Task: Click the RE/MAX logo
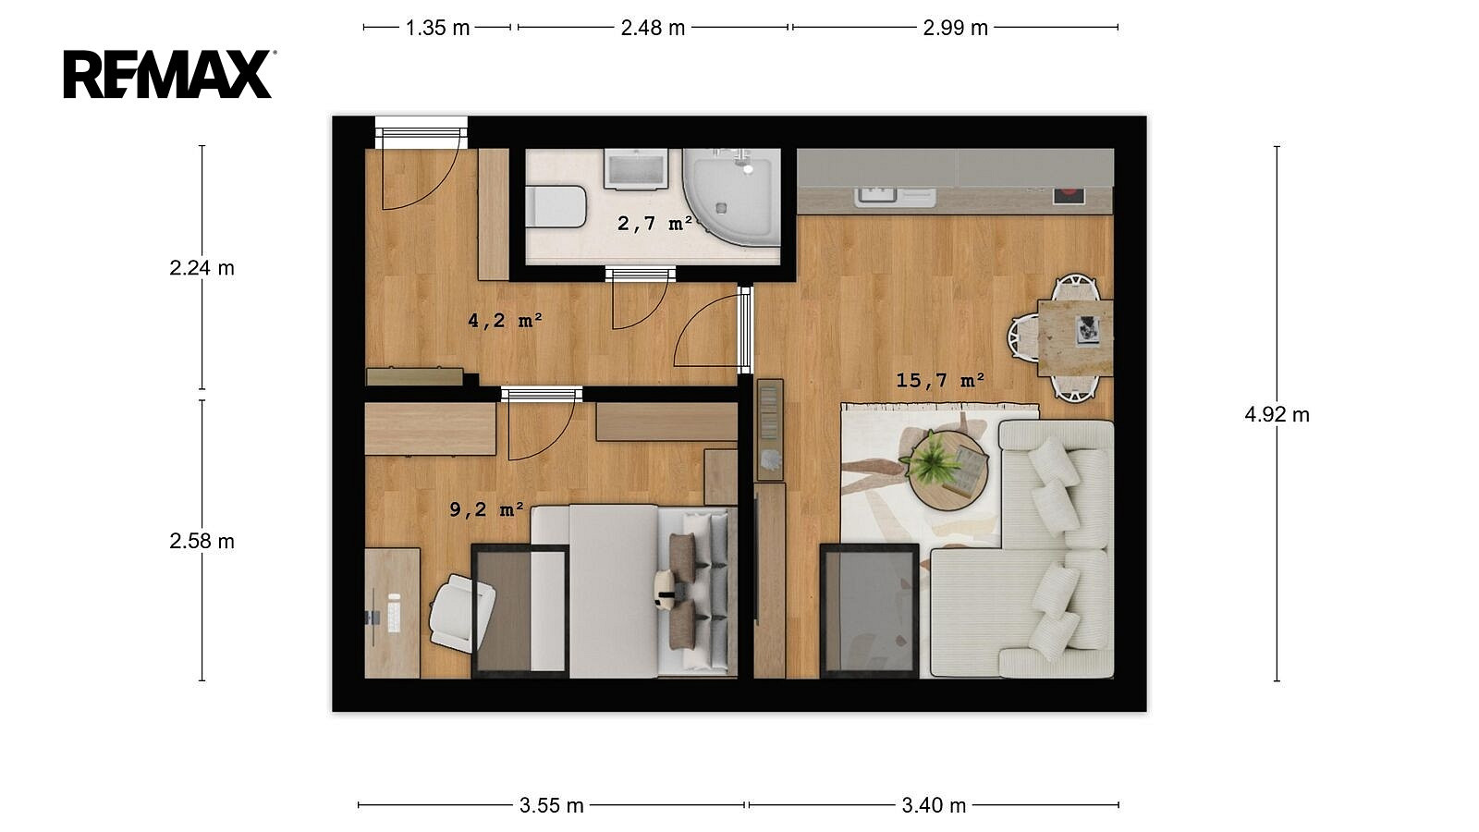click(170, 74)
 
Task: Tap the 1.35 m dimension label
click(437, 28)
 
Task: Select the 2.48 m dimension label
click(653, 28)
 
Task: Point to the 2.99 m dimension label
click(955, 28)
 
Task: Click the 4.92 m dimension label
click(1277, 414)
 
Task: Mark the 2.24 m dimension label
click(202, 267)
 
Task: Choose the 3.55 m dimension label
click(551, 805)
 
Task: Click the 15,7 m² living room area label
click(940, 380)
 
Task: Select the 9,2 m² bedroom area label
click(486, 509)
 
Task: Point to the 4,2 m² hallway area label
click(505, 320)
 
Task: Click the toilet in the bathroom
click(556, 206)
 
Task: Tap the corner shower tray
click(731, 197)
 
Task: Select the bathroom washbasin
click(635, 169)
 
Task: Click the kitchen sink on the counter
click(896, 196)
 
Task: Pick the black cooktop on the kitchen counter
click(1069, 195)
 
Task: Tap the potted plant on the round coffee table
click(931, 458)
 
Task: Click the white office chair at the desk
click(461, 613)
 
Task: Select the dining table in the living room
click(1075, 338)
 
